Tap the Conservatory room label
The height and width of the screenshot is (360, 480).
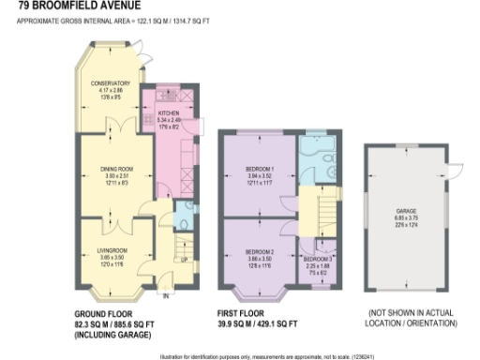[110, 83]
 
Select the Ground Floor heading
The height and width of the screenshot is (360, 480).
[102, 313]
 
